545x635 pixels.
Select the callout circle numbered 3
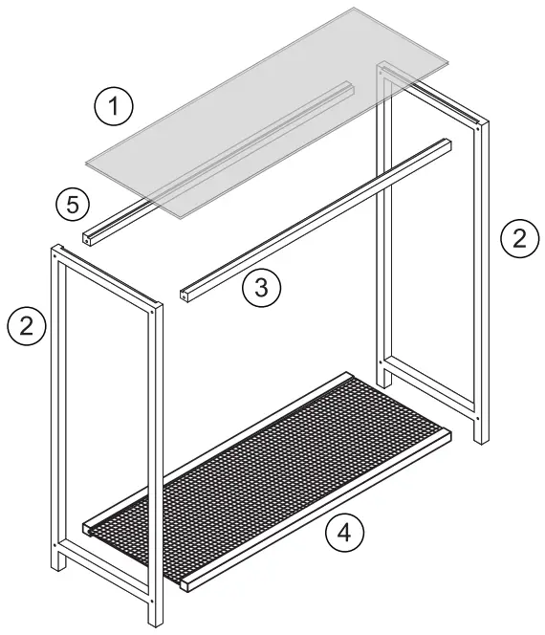pos(261,287)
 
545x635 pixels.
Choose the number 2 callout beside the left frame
pos(27,327)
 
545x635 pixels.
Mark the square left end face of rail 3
pos(183,296)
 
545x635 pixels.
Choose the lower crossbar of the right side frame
pos(430,387)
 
